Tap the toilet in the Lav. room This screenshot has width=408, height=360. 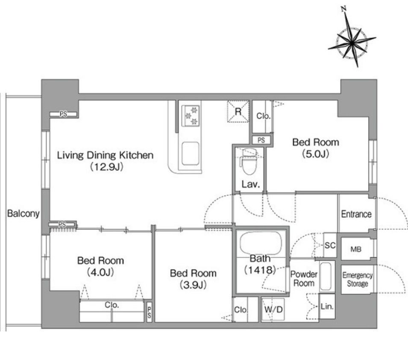(249, 162)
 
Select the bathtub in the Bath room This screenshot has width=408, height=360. (261, 243)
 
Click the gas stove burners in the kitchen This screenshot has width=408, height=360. (191, 116)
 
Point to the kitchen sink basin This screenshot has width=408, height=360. (191, 153)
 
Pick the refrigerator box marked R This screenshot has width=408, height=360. (238, 112)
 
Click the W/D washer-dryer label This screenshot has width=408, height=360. (273, 310)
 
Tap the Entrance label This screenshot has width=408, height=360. (356, 214)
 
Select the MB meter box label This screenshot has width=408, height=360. (356, 249)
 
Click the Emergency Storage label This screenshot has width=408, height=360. (358, 279)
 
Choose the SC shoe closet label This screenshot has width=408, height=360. (330, 245)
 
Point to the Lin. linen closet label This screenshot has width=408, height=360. (327, 306)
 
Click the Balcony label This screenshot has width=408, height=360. (23, 213)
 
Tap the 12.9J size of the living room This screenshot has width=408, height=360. (106, 167)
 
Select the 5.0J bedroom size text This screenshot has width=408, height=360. (316, 153)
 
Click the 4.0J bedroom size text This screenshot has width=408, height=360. (100, 272)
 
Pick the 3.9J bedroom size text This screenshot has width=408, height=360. (193, 285)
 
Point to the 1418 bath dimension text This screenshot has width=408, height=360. (260, 270)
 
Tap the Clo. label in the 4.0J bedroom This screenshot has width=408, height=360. (112, 304)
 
